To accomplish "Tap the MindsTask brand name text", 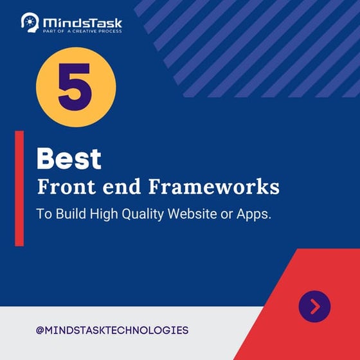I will coord(82,21).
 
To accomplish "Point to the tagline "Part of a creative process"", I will coord(82,31).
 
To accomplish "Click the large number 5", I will coord(76,87).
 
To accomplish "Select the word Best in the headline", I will coord(69,159).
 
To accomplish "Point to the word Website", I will coord(193,215).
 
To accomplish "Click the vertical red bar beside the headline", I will coord(19,188).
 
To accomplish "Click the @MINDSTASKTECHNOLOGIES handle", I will coord(113,330).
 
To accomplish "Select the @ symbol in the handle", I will coord(40,330).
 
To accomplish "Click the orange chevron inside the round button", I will coord(315,307).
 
